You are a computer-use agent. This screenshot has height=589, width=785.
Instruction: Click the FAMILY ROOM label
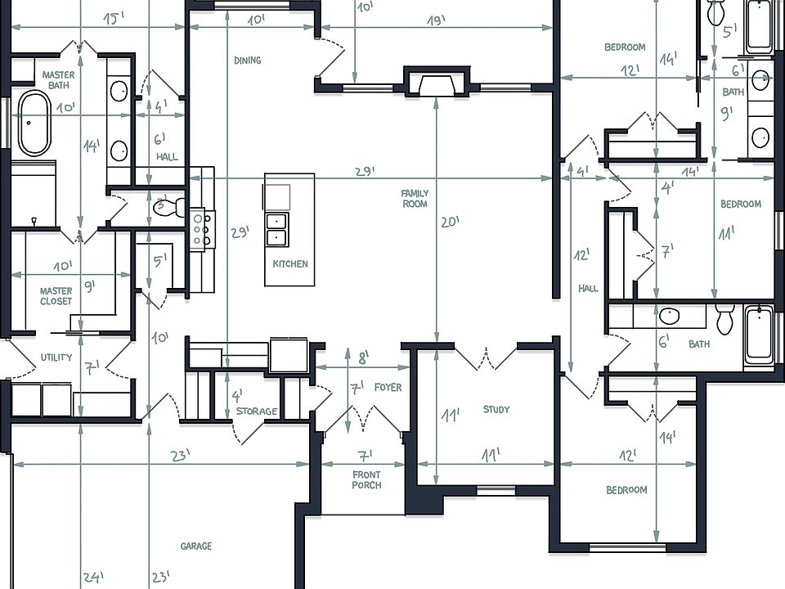click(x=415, y=199)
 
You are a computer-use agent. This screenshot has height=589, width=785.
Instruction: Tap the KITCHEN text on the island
click(x=290, y=264)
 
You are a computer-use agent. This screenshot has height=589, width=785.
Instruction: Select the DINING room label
click(x=247, y=61)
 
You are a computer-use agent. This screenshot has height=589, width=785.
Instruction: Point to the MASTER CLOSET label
click(x=56, y=296)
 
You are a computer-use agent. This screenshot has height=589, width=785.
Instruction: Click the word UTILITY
click(x=56, y=357)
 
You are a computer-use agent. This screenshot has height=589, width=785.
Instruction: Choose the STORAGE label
click(x=257, y=411)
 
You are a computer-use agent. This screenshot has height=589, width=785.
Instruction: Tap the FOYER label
click(x=388, y=388)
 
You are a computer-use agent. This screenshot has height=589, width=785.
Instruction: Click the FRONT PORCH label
click(x=366, y=480)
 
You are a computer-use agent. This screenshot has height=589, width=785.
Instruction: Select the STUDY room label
click(x=496, y=410)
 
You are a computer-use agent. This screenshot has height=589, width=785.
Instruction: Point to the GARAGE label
click(x=196, y=546)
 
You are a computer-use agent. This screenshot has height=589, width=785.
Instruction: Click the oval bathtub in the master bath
click(x=34, y=124)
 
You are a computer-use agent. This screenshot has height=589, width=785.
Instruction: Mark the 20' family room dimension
click(x=450, y=222)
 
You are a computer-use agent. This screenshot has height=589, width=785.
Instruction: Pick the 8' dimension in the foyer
click(x=364, y=357)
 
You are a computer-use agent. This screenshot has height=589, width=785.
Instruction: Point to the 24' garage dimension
click(x=92, y=578)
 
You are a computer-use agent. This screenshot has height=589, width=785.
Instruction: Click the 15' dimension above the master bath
click(x=114, y=18)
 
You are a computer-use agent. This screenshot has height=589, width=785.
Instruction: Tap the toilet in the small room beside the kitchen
click(x=165, y=207)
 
